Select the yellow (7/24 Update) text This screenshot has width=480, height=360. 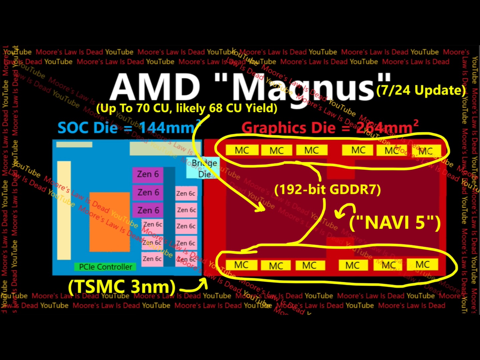point(421,90)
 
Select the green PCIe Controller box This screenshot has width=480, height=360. point(105,267)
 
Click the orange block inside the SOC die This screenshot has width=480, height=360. point(109,222)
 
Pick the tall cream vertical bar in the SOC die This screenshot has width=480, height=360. point(64,210)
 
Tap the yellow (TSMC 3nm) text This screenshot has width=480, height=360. point(122,287)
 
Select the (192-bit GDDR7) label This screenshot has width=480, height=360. point(327,190)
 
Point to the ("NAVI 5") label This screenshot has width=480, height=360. point(395,222)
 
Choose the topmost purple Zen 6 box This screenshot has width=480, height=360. point(148,174)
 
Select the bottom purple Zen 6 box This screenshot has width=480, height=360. point(148,210)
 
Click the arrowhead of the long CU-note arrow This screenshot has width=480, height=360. point(260,208)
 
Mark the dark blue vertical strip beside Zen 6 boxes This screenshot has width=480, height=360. point(169,217)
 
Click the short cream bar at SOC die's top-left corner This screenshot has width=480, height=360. point(74,144)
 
